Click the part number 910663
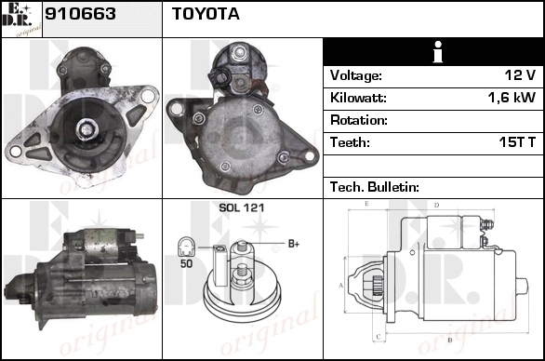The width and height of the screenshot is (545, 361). [80, 14]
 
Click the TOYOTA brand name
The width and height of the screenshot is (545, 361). [206, 14]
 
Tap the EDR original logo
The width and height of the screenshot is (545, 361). [21, 20]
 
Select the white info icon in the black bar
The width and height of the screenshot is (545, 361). [438, 52]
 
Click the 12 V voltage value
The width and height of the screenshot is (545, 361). [520, 75]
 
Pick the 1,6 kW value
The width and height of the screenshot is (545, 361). [512, 98]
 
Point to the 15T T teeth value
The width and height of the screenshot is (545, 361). [517, 142]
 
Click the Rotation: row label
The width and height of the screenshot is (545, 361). [359, 120]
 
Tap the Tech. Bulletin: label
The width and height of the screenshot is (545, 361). [375, 187]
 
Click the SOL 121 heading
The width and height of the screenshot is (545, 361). [242, 208]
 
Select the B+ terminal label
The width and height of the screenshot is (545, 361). [294, 244]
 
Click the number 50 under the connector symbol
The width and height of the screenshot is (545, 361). [186, 263]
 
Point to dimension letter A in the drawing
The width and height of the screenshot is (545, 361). [341, 286]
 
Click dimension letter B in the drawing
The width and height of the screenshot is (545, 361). [450, 341]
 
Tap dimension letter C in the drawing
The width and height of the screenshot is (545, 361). [379, 337]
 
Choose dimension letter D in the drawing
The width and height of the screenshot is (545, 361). [436, 206]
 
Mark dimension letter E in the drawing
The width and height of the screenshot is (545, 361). [366, 204]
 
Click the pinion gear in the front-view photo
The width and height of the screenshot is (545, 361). [86, 129]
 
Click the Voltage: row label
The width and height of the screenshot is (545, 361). [356, 75]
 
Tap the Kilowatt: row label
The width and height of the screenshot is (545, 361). [358, 98]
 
